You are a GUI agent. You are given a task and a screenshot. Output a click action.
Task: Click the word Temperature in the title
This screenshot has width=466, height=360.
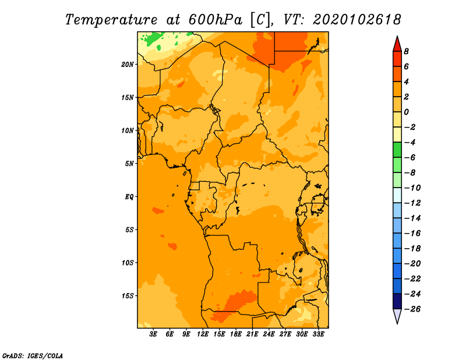tap(111, 20)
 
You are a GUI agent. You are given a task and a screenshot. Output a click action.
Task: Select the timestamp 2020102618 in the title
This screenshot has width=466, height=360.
tap(357, 20)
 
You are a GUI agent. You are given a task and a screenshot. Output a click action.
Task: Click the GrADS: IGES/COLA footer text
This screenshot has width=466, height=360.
tap(33, 356)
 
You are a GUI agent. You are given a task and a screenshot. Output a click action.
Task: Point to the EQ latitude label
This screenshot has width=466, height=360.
tap(129, 197)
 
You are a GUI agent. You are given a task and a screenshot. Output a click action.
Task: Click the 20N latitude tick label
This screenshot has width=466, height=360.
tap(127, 65)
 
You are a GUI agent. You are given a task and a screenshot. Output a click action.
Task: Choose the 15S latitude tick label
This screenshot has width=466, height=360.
tap(127, 296)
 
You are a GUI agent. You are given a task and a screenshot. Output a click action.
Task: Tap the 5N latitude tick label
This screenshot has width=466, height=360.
tap(129, 164)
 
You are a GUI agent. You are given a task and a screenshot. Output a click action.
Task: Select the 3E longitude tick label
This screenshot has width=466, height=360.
tap(153, 334)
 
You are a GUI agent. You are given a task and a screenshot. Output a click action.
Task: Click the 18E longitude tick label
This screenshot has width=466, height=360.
tap(236, 334)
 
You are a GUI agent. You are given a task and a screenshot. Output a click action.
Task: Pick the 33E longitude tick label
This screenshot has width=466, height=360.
tap(318, 334)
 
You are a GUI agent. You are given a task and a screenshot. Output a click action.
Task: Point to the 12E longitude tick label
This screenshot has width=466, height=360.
tap(203, 334)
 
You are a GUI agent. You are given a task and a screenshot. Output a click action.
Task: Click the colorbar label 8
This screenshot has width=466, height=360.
tap(406, 51)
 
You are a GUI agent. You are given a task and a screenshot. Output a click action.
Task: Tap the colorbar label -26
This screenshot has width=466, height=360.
tap(412, 309)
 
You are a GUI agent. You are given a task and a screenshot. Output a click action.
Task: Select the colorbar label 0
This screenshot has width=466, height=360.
tap(406, 112)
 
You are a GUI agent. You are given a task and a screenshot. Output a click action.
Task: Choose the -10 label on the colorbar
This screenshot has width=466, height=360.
tap(412, 188)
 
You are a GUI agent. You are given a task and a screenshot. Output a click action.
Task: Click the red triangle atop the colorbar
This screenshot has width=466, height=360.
tap(397, 45)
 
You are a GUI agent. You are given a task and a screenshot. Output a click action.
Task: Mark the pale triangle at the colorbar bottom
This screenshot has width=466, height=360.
tap(397, 315)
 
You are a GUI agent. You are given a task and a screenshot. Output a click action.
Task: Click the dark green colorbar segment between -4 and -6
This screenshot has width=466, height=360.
tap(397, 150)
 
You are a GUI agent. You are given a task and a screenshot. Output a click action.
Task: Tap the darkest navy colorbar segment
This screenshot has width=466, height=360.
tap(397, 301)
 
